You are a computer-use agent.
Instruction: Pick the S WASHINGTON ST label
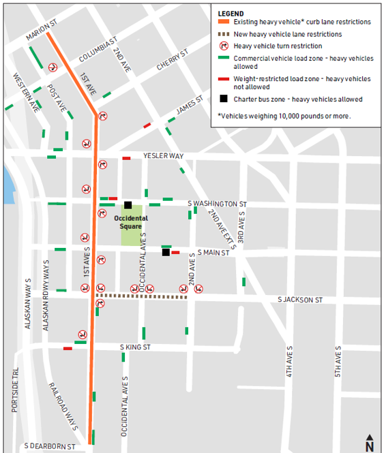[217, 204]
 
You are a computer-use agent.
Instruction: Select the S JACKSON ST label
[299, 300]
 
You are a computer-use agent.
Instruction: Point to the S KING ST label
[135, 347]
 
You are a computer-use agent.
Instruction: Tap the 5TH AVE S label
[338, 362]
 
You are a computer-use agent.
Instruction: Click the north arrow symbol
[369, 442]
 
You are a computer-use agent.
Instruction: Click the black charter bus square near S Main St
[166, 253]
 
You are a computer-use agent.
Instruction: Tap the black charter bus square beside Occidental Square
[128, 204]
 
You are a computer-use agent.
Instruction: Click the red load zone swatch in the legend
[224, 80]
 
